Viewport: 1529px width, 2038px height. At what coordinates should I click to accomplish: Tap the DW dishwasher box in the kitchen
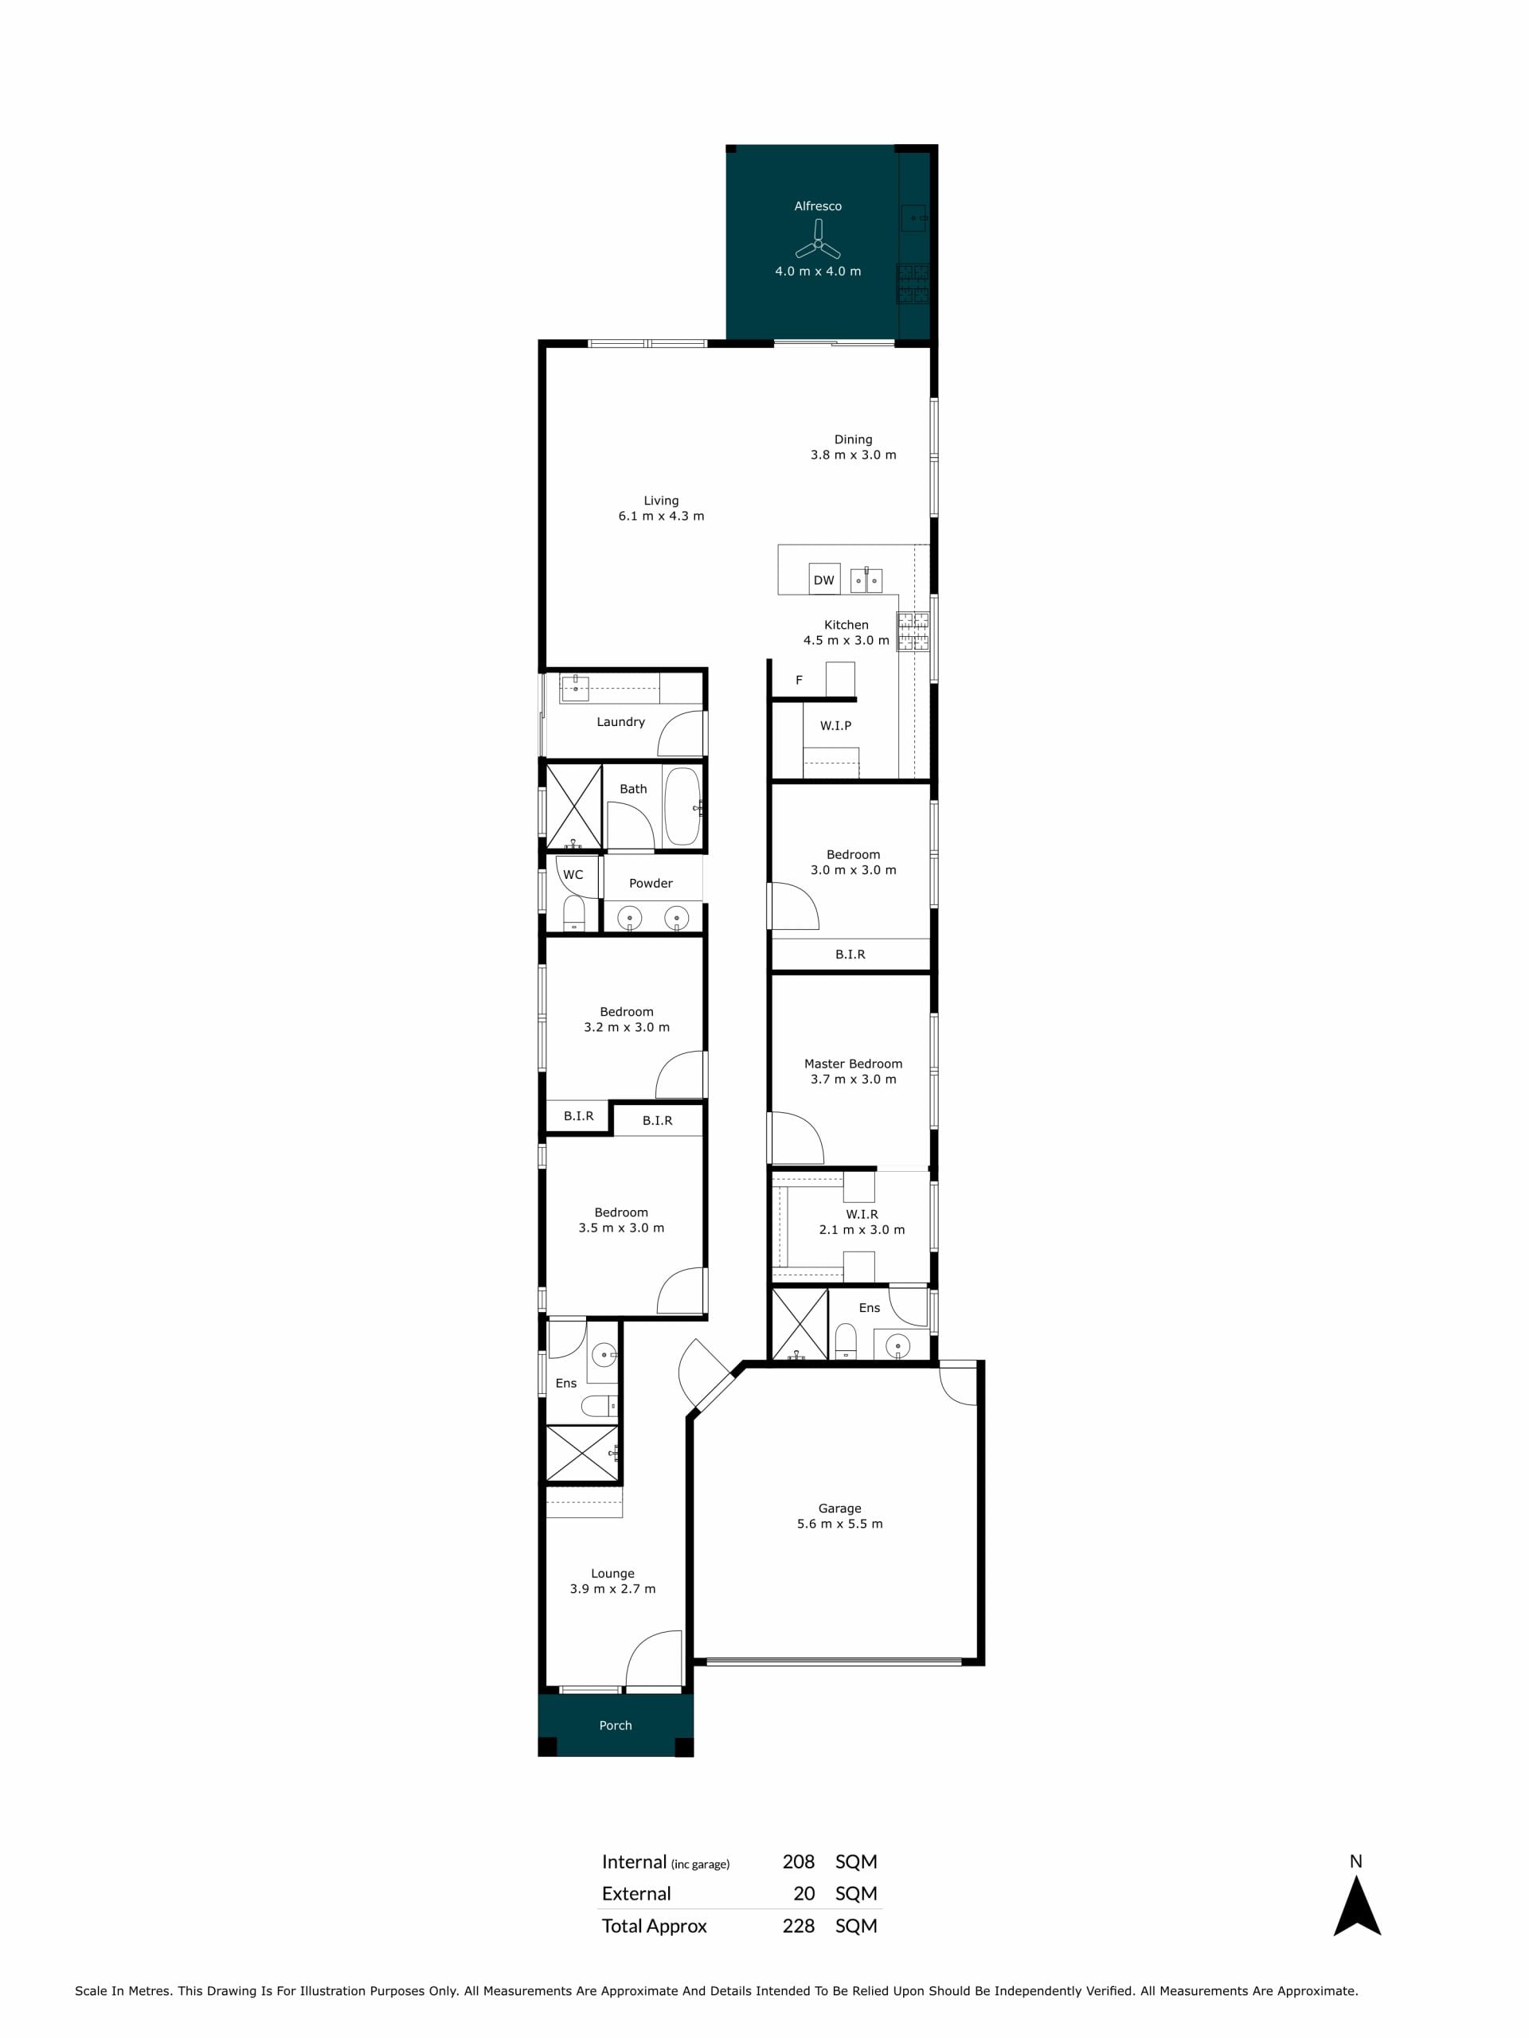click(824, 579)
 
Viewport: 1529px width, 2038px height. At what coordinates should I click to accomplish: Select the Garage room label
click(839, 1509)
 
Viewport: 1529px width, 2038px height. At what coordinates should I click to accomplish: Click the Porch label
click(616, 1725)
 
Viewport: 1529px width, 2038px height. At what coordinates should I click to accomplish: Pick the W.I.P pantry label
click(836, 725)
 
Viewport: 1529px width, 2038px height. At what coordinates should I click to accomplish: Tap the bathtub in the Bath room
click(682, 806)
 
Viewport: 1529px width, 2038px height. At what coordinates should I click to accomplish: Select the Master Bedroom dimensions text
click(854, 1079)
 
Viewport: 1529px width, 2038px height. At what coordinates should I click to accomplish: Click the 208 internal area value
click(798, 1861)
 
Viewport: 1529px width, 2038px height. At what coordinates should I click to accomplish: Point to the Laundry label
click(620, 721)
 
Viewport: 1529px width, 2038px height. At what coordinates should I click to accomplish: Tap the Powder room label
click(651, 883)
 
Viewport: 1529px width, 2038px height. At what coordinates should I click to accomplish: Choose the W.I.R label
click(862, 1214)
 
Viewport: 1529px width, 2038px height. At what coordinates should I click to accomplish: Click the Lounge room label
click(613, 1574)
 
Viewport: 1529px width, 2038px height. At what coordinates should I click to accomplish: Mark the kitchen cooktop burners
click(913, 631)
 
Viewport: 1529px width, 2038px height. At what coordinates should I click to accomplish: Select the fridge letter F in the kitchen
click(799, 680)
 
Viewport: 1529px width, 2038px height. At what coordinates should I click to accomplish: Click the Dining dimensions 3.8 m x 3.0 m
click(854, 455)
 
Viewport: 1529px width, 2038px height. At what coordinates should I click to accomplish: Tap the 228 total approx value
click(798, 1926)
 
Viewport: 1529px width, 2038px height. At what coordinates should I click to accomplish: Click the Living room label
click(661, 500)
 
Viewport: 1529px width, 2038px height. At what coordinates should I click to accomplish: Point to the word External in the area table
click(636, 1893)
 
